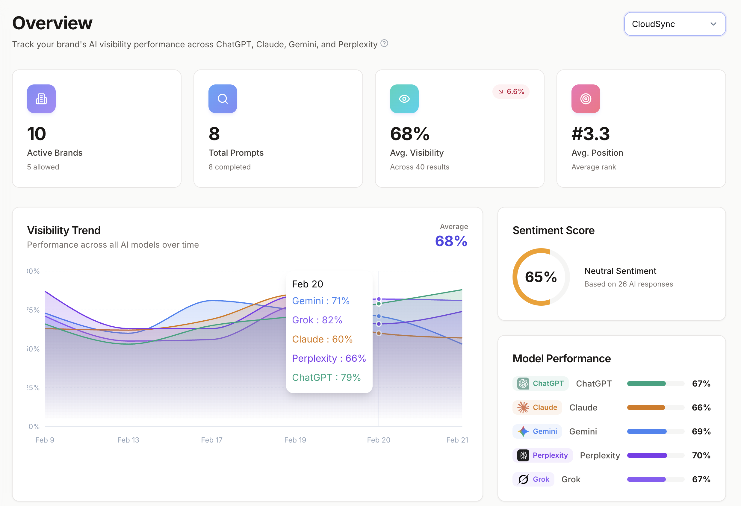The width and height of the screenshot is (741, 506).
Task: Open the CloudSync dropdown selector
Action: [x=675, y=24]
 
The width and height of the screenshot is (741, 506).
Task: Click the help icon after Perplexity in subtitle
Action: [x=384, y=43]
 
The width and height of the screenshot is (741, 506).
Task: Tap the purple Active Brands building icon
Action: [x=41, y=99]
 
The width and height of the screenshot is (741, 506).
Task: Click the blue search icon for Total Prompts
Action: [x=223, y=99]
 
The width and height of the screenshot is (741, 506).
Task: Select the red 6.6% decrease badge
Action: [x=511, y=92]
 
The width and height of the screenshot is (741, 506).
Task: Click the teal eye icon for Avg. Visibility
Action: [x=404, y=99]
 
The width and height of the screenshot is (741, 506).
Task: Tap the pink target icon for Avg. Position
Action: [x=586, y=99]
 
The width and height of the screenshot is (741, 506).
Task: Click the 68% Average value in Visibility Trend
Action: [x=451, y=241]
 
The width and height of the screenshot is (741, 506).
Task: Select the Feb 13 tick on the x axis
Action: [x=128, y=440]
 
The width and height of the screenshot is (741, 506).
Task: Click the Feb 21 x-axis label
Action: [x=457, y=440]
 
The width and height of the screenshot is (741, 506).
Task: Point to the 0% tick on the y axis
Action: [x=34, y=426]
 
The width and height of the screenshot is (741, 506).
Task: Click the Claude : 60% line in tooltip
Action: [x=322, y=339]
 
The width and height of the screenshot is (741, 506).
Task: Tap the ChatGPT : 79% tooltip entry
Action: [x=326, y=377]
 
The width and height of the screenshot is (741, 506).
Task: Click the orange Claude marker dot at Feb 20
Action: [x=379, y=333]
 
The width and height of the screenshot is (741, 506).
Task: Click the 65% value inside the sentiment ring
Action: [x=541, y=277]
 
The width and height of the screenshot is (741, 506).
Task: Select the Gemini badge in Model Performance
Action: [x=537, y=431]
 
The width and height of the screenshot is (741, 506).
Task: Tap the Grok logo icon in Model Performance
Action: [x=523, y=479]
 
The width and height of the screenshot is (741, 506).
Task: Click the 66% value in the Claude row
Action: [x=701, y=407]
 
